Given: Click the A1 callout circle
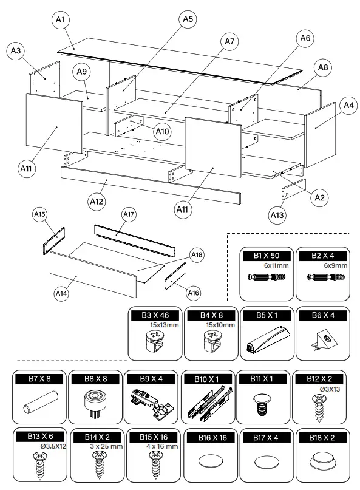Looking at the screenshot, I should [x=60, y=20].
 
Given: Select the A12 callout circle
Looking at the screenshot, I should [x=97, y=200].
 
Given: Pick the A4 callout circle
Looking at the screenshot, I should [x=348, y=105].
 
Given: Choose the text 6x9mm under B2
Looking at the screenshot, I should [x=323, y=265].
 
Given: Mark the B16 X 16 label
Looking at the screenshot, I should [x=209, y=436].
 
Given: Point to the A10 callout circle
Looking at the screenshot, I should [x=161, y=131].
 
